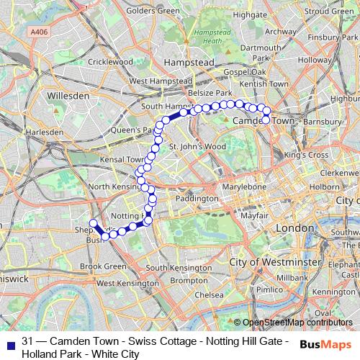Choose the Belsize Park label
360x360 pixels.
[210, 94]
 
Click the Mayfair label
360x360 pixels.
[250, 215]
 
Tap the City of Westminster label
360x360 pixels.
[274, 262]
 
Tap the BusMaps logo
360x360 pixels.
[327, 343]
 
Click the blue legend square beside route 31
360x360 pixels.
[9, 341]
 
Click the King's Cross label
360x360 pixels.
[306, 155]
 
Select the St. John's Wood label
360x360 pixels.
[197, 146]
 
